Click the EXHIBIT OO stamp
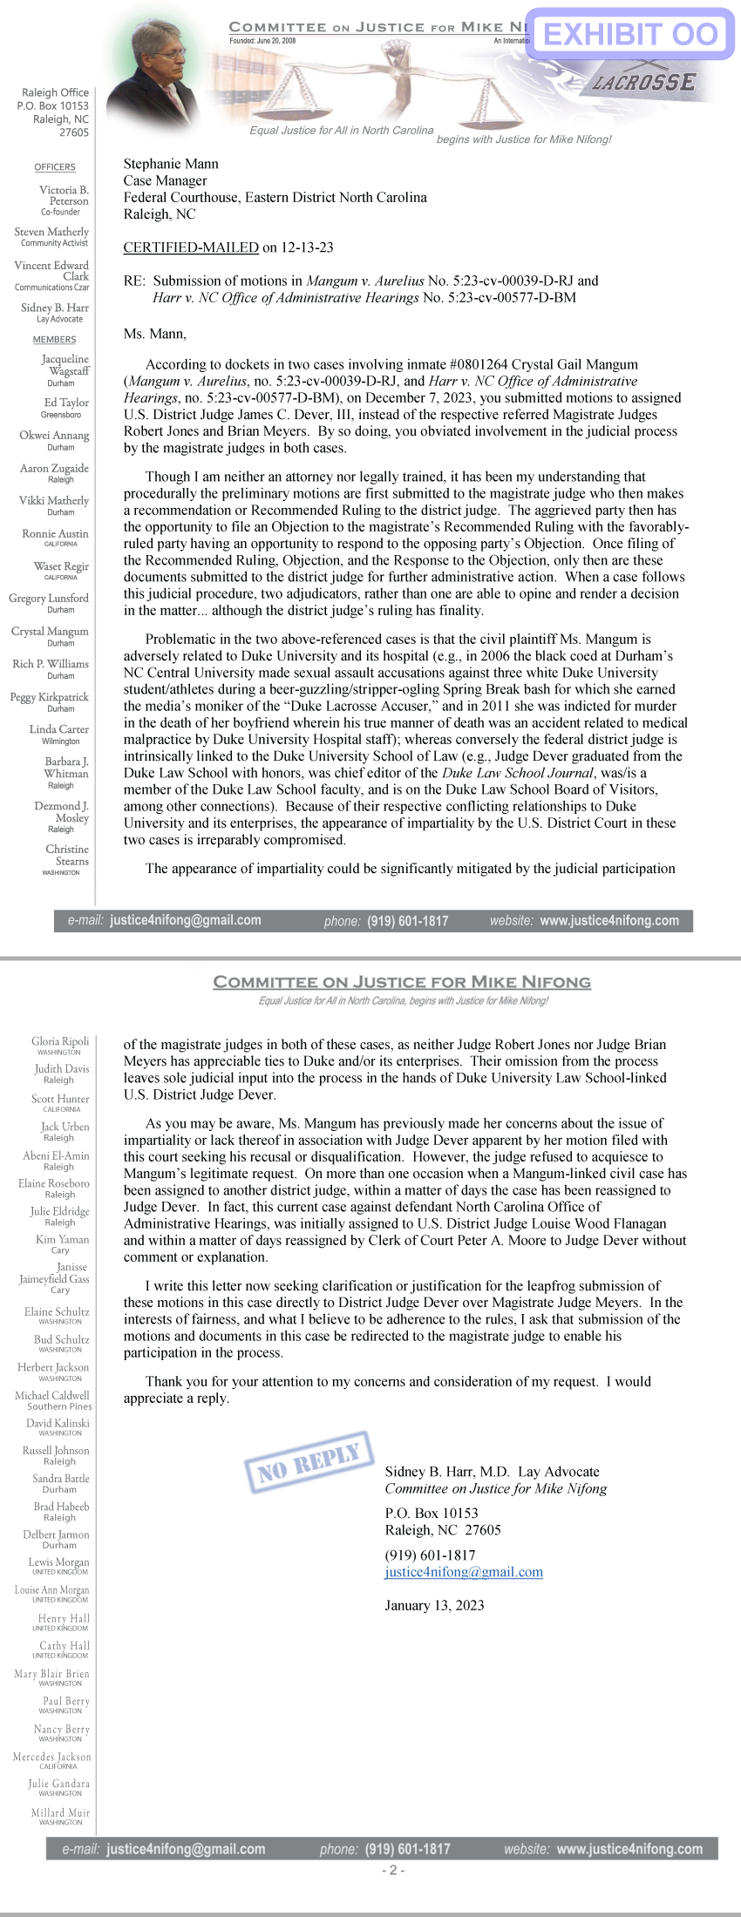[630, 34]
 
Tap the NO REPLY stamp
[309, 1461]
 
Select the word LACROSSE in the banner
[644, 83]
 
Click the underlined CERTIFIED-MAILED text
[191, 247]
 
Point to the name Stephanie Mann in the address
[171, 164]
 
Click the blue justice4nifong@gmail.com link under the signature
[464, 1572]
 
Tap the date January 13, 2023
[434, 1605]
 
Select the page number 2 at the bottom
[392, 1870]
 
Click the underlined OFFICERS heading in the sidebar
[55, 167]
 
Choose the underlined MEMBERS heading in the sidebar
[55, 340]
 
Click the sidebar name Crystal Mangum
[51, 631]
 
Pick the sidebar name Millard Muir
[61, 1812]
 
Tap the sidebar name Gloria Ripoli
[60, 1041]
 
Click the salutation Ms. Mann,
[155, 333]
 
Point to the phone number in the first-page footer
[407, 921]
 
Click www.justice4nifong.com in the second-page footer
[629, 1849]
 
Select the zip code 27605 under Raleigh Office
[74, 132]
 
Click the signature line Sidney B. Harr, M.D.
[447, 1472]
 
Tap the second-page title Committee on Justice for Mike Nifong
[402, 982]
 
